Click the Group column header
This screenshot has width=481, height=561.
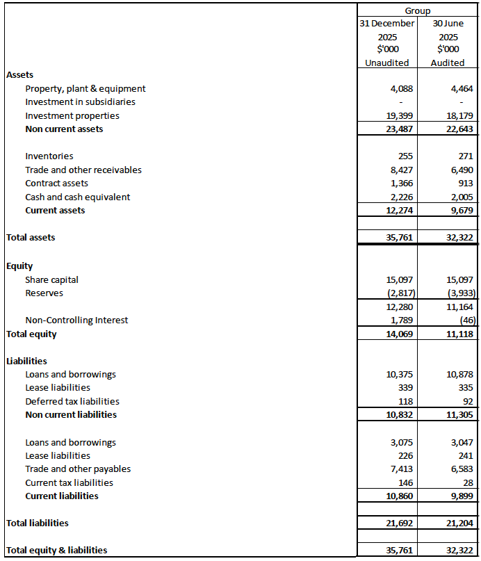[x=418, y=10]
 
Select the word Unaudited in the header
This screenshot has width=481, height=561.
[x=387, y=63]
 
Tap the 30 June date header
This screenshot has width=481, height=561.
[x=448, y=23]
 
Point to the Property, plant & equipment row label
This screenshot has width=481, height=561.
[x=85, y=88]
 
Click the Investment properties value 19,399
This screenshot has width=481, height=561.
[x=399, y=115]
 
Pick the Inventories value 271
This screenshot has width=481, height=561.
[x=466, y=156]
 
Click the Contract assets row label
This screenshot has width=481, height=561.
[x=56, y=183]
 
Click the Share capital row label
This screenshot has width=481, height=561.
[x=51, y=279]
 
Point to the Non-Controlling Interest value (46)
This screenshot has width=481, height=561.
[x=466, y=320]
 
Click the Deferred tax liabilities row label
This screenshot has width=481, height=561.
[x=72, y=401]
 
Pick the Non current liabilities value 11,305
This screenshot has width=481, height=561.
[x=459, y=414]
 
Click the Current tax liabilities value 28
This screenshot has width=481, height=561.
[x=468, y=482]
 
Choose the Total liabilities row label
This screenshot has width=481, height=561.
[x=38, y=523]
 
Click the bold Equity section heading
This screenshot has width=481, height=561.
[x=19, y=266]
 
